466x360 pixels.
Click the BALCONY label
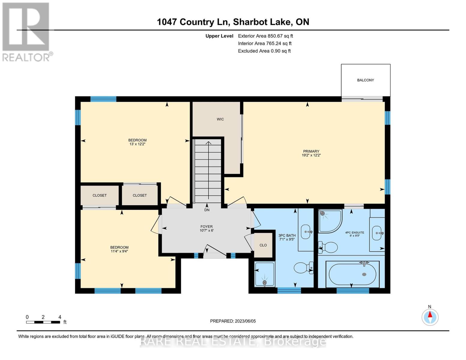point(365,80)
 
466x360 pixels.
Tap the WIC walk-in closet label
point(220,119)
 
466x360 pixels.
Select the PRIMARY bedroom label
point(311,151)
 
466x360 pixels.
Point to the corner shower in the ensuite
point(329,220)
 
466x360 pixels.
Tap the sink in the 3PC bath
point(306,232)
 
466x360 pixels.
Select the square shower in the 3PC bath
point(264,274)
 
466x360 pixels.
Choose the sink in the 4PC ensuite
point(377,233)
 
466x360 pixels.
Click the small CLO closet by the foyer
point(263,245)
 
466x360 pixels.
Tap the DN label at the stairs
point(207,210)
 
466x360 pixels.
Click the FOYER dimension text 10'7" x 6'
point(206,231)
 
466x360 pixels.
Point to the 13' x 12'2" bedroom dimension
point(137,144)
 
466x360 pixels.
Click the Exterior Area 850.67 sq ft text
point(265,36)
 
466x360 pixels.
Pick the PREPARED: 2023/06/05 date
point(233,321)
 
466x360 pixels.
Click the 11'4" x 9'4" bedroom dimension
point(119,251)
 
